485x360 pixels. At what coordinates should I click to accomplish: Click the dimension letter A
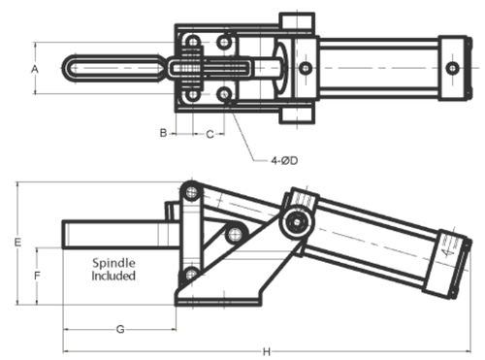tap(35, 69)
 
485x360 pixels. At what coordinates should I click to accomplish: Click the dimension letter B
tap(164, 133)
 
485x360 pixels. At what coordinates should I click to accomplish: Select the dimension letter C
tap(210, 134)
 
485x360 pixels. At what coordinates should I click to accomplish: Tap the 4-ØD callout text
tap(284, 160)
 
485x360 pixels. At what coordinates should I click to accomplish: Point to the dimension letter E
tap(18, 243)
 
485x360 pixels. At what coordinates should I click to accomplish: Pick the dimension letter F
tap(38, 276)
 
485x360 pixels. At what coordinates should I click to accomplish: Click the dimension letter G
tap(120, 329)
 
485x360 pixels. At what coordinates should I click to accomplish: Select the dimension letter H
tap(267, 351)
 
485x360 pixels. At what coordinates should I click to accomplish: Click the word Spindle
tap(113, 263)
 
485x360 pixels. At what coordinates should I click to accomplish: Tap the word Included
tap(113, 276)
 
